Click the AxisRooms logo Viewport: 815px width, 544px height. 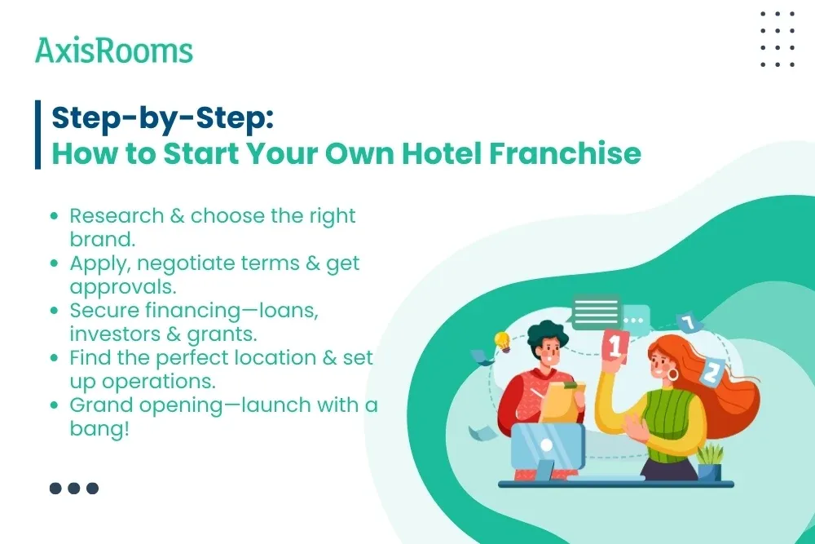coord(114,51)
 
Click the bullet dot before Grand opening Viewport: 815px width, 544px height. coord(55,405)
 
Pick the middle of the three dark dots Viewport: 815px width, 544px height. coord(74,489)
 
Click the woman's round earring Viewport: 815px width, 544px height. coord(673,374)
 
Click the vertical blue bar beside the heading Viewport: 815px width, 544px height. coord(37,135)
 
